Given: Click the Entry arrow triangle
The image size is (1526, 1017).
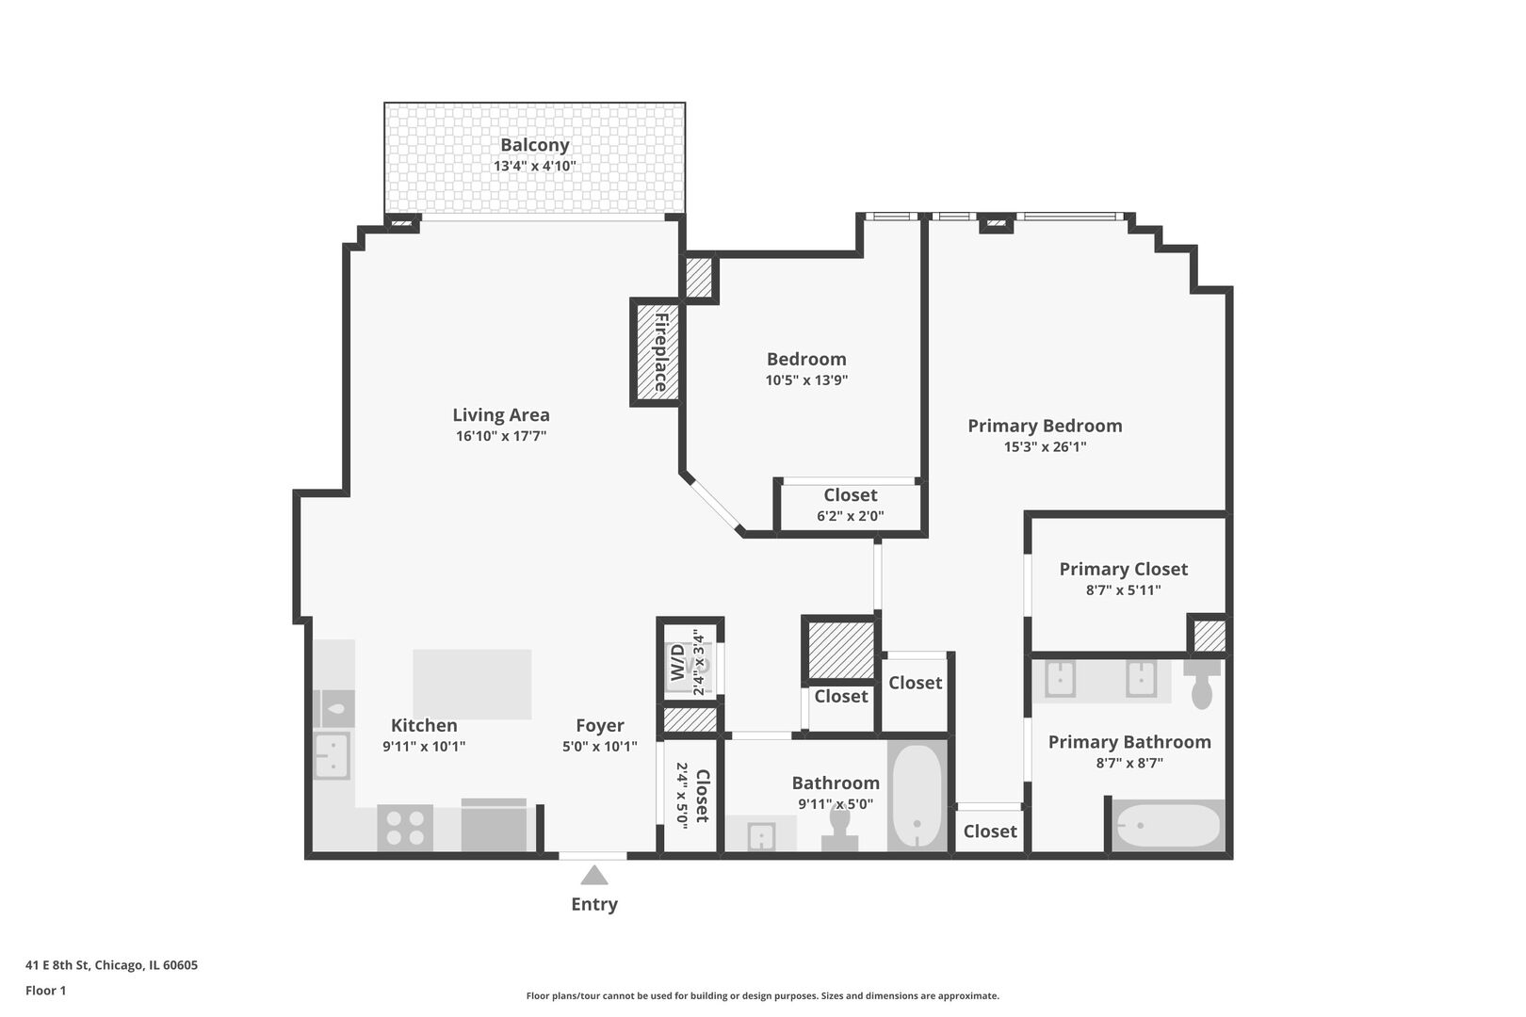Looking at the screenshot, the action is [x=594, y=876].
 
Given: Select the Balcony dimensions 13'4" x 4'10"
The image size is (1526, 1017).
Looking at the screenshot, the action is [x=535, y=166].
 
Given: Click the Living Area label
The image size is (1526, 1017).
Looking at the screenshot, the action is [x=501, y=415].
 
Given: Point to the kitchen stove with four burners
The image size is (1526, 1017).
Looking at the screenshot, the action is [x=405, y=828].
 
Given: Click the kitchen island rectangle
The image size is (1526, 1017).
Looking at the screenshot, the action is [x=472, y=684].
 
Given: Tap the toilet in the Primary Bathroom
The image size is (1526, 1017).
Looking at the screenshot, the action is [x=1202, y=684].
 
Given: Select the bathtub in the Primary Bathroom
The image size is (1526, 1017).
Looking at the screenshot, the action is [x=1168, y=826].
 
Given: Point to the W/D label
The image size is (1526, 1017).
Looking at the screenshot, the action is [x=677, y=662].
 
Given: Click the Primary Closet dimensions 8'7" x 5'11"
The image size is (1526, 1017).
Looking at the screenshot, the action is [x=1124, y=589].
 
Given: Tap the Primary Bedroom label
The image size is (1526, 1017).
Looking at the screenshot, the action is [x=1045, y=426].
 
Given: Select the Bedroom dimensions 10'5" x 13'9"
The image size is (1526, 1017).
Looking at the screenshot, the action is [x=806, y=380].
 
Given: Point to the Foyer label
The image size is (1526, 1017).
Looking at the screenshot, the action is [x=599, y=725].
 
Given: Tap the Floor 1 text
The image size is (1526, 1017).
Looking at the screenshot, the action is [x=45, y=991].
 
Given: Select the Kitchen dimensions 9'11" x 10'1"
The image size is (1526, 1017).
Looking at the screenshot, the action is [x=424, y=747].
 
